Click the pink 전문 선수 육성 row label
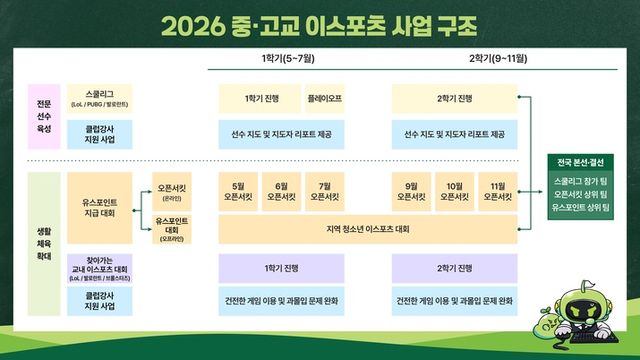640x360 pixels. (x=45, y=115)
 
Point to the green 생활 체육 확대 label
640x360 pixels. (x=45, y=243)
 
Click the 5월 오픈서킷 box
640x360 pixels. (x=238, y=190)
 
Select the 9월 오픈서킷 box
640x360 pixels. (x=411, y=190)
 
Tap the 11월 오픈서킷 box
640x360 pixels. (x=497, y=190)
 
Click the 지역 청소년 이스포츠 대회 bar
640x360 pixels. (x=367, y=229)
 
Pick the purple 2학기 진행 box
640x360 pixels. (x=454, y=268)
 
